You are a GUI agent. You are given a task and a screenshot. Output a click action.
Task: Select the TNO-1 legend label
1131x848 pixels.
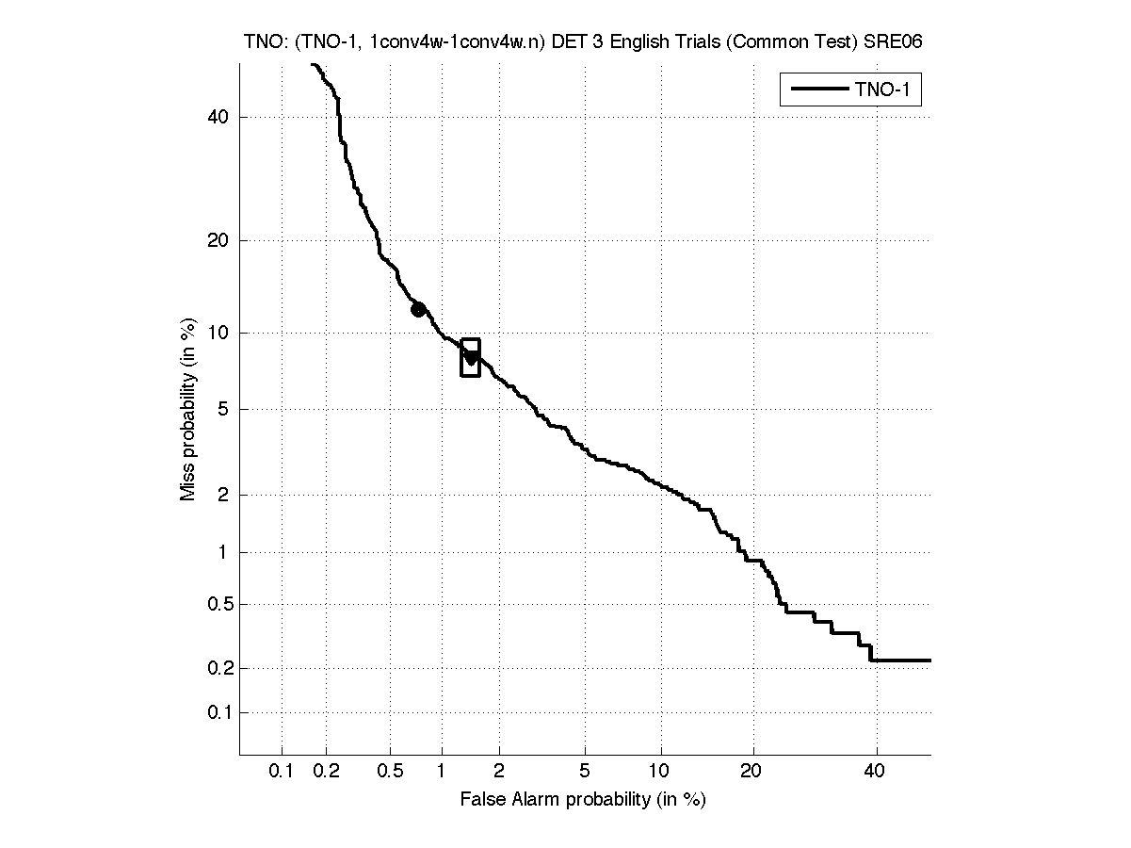pos(886,90)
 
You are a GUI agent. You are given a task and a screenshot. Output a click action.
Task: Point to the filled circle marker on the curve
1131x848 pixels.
pos(418,309)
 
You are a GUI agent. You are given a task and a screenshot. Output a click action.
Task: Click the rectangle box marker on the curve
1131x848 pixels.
pos(471,357)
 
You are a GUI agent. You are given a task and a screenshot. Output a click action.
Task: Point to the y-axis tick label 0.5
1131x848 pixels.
pos(218,604)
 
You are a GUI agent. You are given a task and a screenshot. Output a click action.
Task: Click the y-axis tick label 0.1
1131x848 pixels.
pos(218,712)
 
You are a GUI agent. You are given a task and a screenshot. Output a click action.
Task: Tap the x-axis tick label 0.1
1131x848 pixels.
pos(282,773)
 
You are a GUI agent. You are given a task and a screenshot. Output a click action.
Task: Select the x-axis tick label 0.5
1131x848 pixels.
pos(389,773)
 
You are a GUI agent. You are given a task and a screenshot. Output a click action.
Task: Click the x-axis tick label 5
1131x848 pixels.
pos(586,773)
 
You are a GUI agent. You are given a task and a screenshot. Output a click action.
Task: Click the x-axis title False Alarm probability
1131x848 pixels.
pos(583,800)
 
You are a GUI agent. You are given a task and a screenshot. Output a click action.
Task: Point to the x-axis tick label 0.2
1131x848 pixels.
pos(327,773)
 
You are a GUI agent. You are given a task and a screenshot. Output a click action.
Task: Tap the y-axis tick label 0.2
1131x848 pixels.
pos(218,668)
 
